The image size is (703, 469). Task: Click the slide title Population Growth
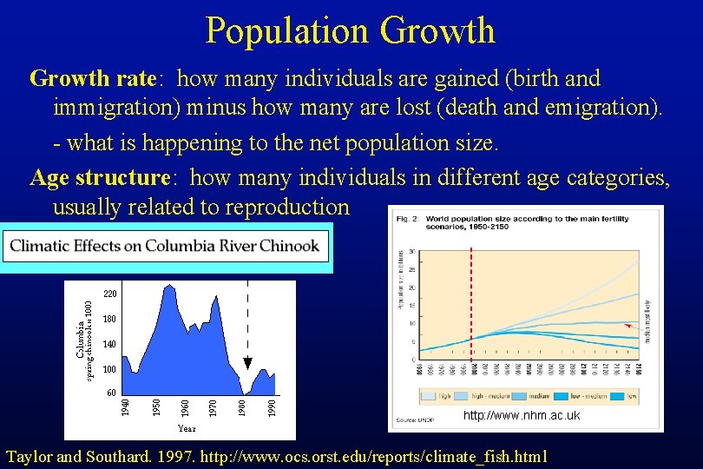tap(350, 31)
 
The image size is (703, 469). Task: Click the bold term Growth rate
tap(93, 79)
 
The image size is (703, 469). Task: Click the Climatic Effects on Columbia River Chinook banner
tap(165, 246)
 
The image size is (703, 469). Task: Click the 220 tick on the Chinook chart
tap(110, 294)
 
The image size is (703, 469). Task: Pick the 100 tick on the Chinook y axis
tap(110, 370)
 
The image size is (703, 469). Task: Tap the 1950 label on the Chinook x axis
tap(155, 406)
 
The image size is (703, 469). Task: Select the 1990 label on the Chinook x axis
tap(272, 406)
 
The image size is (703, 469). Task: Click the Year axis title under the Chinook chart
tap(187, 427)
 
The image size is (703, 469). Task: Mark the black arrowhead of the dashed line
tap(247, 363)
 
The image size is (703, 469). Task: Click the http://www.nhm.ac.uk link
tap(521, 416)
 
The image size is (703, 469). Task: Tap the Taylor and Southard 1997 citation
tap(276, 457)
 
